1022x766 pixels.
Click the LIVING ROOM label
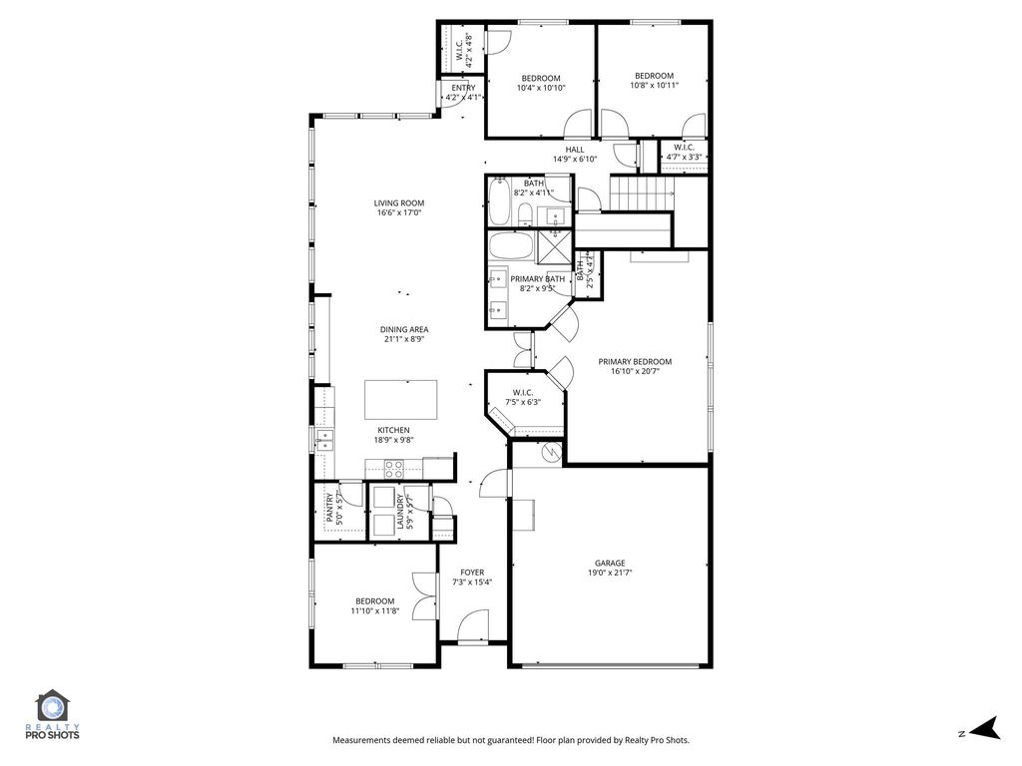click(399, 203)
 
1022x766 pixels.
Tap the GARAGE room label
click(610, 564)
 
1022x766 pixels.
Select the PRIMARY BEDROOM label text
click(635, 362)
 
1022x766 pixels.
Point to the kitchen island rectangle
click(401, 400)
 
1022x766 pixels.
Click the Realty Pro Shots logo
click(52, 714)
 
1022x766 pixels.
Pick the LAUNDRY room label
click(399, 512)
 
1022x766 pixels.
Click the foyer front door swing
click(472, 625)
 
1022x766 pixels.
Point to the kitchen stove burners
click(393, 469)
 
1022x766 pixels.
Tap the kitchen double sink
click(324, 440)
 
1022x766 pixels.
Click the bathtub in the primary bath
click(511, 247)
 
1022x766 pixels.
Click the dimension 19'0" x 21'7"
click(610, 574)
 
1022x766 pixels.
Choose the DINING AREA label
click(404, 329)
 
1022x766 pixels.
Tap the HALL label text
click(575, 150)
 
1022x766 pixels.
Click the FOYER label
click(472, 573)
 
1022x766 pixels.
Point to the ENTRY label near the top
click(463, 88)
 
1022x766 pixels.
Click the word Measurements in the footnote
click(361, 740)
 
